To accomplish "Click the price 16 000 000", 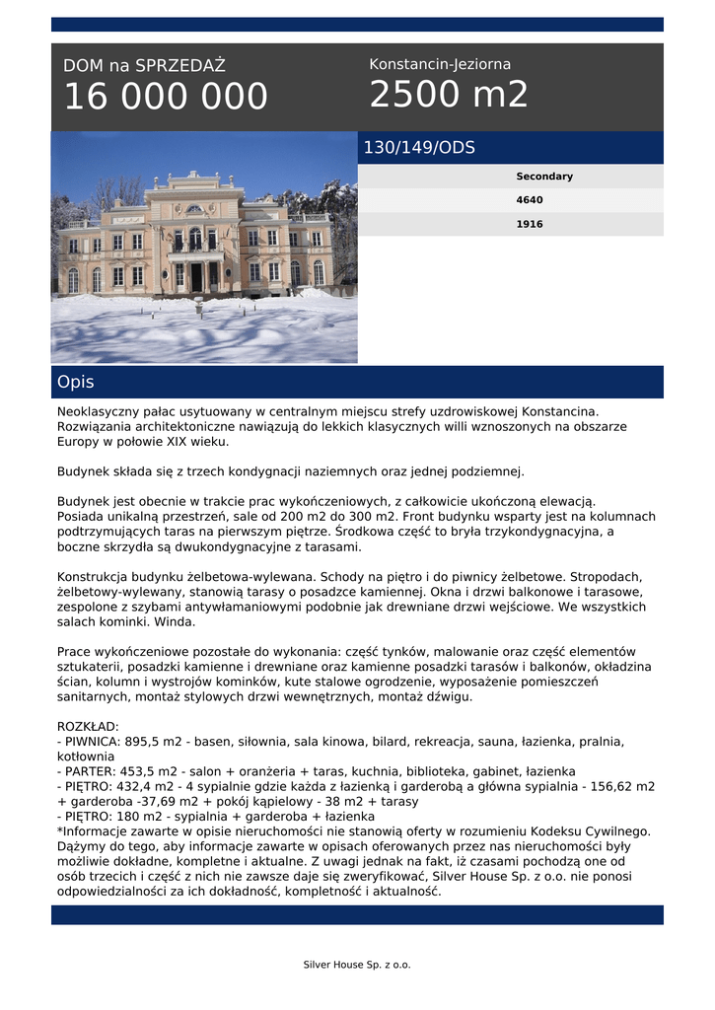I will [x=166, y=97].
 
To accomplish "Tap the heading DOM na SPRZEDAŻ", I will [x=144, y=66].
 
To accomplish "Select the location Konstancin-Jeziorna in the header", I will [x=440, y=64].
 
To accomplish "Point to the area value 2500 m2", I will [x=449, y=95].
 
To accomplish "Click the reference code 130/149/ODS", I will [x=419, y=148].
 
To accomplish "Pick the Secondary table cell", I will [x=544, y=177].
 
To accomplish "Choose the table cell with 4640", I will [x=530, y=200].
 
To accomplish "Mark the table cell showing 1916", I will [x=530, y=224].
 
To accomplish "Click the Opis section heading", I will [x=76, y=382].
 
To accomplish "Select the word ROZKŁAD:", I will [x=88, y=725].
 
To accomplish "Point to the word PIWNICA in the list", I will [x=93, y=741].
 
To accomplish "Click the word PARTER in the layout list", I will [x=91, y=771].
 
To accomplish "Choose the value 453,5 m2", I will [x=154, y=771].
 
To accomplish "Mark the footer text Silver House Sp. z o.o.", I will [x=357, y=965].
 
